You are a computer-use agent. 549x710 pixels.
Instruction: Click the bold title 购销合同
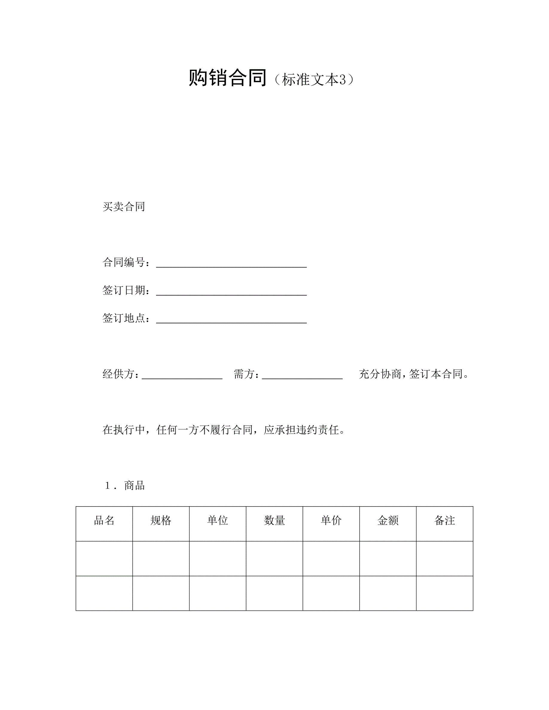pos(227,78)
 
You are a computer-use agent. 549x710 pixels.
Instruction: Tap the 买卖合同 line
pos(123,207)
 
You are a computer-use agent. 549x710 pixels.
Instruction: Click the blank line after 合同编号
pos(231,264)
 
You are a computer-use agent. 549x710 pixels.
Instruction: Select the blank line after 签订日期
pos(231,292)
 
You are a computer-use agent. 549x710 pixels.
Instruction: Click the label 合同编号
pos(123,262)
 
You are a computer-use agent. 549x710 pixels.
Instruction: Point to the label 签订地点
pos(123,318)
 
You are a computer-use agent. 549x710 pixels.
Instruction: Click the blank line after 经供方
pos(182,376)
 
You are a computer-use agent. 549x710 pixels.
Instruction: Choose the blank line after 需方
pos(302,376)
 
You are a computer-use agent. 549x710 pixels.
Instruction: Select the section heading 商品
pos(134,486)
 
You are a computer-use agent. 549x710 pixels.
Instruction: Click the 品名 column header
pos(104,521)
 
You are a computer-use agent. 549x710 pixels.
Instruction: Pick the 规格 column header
pos(161,521)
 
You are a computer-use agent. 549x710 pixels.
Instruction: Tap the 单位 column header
pos(218,521)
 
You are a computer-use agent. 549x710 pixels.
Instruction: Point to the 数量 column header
pos(274,521)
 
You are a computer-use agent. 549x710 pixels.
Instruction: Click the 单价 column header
pos(331,521)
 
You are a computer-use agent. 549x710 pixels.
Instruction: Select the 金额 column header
pos(388,521)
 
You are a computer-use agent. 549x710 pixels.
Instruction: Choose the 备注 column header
pos(445,521)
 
